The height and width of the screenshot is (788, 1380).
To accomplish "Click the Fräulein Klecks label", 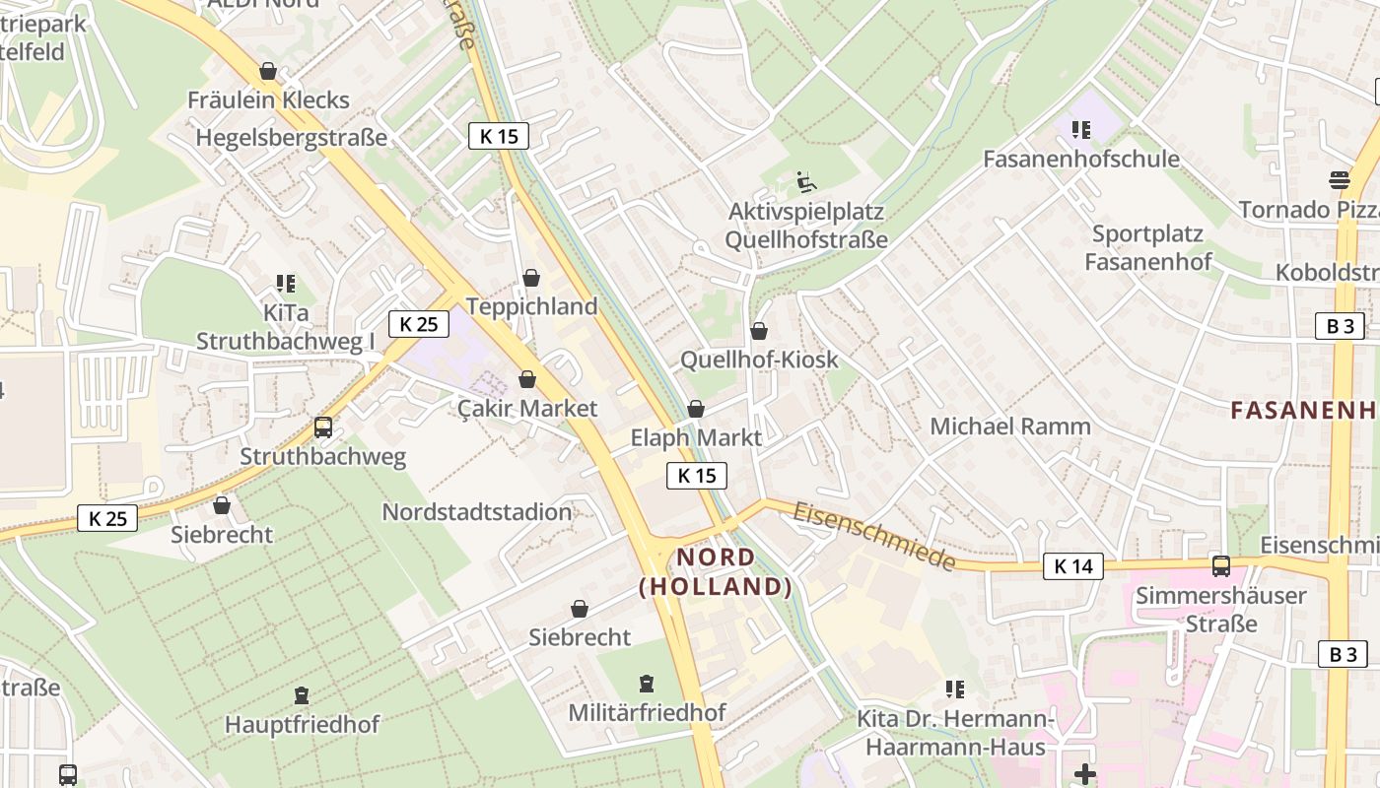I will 268,99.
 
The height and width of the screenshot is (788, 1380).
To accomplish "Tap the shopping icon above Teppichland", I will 531,279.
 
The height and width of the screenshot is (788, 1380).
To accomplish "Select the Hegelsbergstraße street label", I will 292,137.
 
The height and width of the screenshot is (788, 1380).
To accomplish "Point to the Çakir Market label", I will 528,408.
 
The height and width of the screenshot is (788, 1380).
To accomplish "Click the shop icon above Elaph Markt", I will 696,409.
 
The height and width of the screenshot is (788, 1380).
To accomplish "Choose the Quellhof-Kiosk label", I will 759,360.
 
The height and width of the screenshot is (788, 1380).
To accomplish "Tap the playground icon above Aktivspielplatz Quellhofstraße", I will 805,182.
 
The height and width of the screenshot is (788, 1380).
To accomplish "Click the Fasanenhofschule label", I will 1081,159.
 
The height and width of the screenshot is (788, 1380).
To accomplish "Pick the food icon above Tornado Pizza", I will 1339,180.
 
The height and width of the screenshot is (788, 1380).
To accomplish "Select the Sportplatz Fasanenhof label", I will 1147,247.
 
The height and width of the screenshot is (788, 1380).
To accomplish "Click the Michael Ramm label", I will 1010,427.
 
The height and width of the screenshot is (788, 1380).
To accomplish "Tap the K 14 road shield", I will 1073,566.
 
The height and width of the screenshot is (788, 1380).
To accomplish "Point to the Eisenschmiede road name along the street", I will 874,536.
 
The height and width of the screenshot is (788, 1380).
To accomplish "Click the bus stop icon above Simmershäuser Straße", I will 1220,566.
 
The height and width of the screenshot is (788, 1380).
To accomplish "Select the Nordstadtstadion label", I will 477,512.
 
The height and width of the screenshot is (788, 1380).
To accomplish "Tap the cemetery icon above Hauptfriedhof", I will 302,696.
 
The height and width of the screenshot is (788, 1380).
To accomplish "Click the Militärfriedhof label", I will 647,712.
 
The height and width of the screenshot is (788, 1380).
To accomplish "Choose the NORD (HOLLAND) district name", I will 716,572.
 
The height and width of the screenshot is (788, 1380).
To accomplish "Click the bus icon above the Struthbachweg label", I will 323,427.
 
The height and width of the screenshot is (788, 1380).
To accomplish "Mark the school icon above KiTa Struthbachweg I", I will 286,285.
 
